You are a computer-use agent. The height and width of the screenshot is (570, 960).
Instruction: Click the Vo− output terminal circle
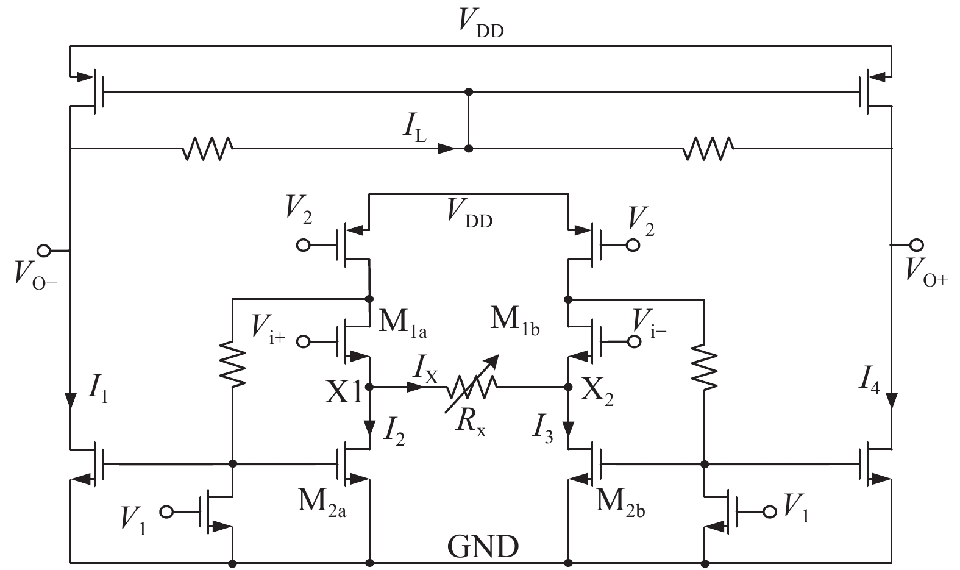44,250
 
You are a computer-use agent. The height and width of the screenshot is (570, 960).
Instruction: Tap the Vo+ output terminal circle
916,245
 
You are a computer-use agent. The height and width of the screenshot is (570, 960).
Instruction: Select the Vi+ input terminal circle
303,341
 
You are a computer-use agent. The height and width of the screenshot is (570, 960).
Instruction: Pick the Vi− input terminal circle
635,341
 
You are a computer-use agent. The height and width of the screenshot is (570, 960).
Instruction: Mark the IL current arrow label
416,132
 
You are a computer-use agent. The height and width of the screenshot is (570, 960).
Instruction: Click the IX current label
425,369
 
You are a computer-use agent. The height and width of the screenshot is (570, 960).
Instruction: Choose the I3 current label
544,430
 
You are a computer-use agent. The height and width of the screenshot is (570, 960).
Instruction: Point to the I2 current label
394,431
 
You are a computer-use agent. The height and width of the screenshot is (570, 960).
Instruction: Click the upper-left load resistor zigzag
207,148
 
